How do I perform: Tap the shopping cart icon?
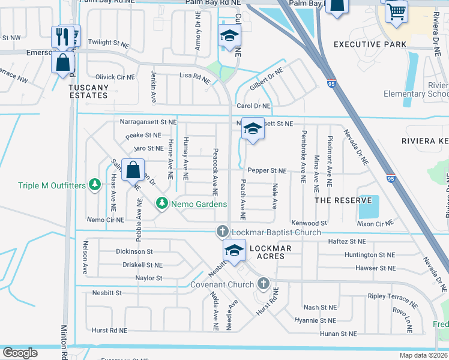coord(396,10)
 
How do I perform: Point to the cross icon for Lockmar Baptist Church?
coord(222,231)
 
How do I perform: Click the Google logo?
coord(20,353)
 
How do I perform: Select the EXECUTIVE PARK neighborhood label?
coord(366,44)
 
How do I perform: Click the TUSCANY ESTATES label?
coord(89,91)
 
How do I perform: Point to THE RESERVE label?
coord(343,200)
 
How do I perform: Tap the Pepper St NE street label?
coord(267,170)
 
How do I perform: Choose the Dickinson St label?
coord(134,251)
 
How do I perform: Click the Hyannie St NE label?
coord(315,320)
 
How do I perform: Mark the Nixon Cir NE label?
coord(375,223)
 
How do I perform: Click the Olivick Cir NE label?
coord(115,77)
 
